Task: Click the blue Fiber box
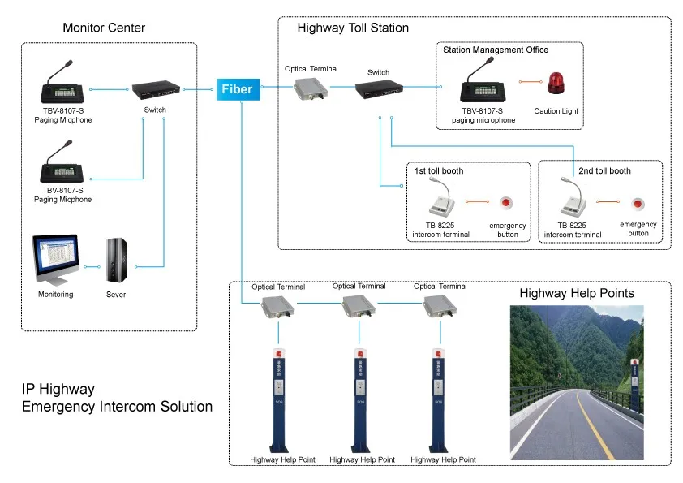pos(238,89)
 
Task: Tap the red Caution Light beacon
pos(556,83)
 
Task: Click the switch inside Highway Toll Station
pos(377,90)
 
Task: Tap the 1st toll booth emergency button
pos(506,201)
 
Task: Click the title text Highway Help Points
pos(577,293)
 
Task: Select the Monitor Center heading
pos(104,28)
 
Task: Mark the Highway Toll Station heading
pos(353,28)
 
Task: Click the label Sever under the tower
pos(115,295)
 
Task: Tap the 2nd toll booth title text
pos(604,171)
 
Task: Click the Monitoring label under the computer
pos(55,295)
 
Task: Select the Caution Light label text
pos(556,111)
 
